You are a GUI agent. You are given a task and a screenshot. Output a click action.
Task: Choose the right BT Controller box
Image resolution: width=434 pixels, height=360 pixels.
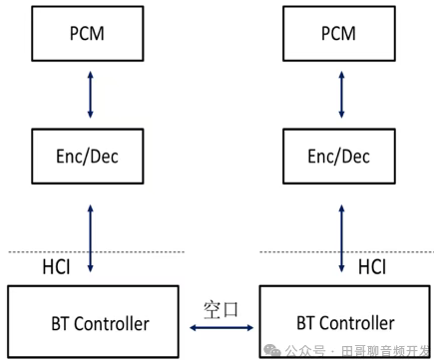(345, 321)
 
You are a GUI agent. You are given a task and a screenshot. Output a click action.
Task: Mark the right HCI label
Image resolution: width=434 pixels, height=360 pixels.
(371, 267)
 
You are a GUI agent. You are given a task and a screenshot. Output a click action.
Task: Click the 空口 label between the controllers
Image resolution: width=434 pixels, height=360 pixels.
(221, 307)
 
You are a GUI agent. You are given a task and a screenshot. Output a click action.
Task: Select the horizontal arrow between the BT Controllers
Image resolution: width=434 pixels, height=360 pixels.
(221, 325)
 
